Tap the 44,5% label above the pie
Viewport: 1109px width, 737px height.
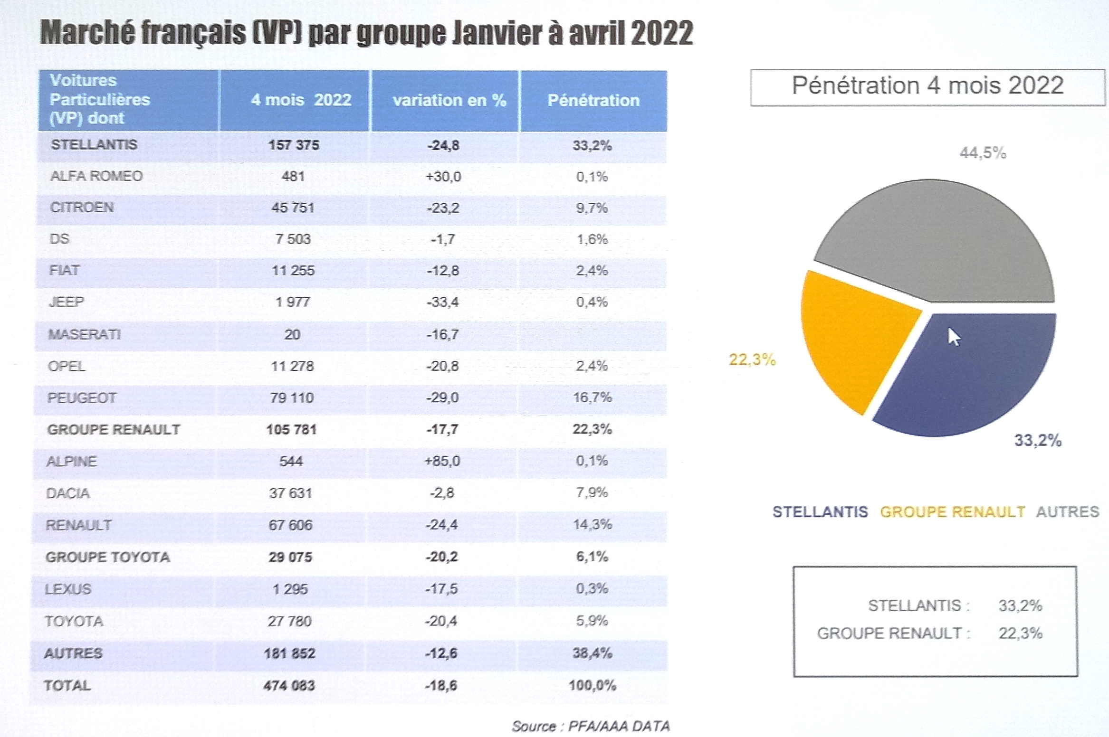click(x=983, y=153)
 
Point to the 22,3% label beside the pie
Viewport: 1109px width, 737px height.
click(x=752, y=360)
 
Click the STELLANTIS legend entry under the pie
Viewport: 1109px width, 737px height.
click(x=820, y=512)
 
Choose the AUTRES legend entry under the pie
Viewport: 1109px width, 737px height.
click(x=1068, y=512)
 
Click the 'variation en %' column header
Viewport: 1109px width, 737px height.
click(x=449, y=100)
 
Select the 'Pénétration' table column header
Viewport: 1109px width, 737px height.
click(x=593, y=100)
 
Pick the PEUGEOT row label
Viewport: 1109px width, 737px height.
click(x=82, y=398)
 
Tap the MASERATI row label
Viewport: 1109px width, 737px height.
click(x=85, y=335)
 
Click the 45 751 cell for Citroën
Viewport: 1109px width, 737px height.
click(x=293, y=208)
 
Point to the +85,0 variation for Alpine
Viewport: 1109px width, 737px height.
click(x=442, y=461)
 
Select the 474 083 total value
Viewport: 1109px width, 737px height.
click(x=289, y=686)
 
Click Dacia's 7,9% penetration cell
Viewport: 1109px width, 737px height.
click(x=592, y=492)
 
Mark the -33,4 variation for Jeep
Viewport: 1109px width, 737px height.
click(x=443, y=302)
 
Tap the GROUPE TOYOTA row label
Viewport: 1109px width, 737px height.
click(x=108, y=557)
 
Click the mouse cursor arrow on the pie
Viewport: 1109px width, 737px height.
click(x=954, y=337)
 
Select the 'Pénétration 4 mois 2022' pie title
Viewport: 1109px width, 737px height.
click(x=927, y=86)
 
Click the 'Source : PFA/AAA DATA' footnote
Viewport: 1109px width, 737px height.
click(x=591, y=726)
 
